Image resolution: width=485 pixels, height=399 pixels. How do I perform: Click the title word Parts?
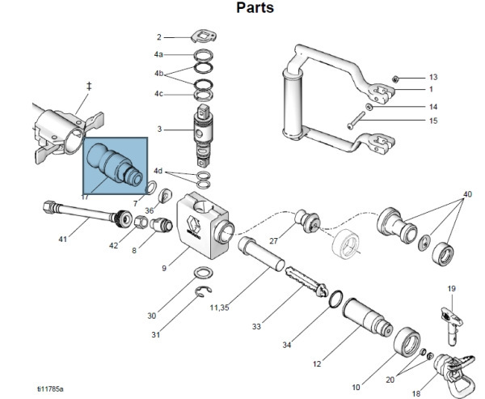point(255,9)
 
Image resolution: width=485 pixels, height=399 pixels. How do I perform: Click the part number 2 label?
point(159,37)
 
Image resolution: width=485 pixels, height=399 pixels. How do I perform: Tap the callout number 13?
point(433,77)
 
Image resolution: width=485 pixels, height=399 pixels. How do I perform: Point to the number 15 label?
point(433,121)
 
